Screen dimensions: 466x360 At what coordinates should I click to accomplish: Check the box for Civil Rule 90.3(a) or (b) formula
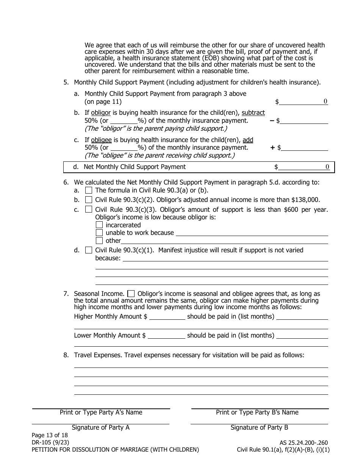(x=89, y=190)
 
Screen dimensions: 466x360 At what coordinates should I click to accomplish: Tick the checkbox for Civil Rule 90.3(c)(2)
(x=89, y=200)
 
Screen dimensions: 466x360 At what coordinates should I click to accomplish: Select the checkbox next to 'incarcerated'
(x=99, y=225)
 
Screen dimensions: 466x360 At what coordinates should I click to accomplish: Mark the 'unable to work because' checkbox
(x=99, y=233)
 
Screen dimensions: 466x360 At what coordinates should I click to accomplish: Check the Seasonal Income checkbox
(x=131, y=294)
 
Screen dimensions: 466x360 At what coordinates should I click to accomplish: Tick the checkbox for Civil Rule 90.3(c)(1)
(x=89, y=250)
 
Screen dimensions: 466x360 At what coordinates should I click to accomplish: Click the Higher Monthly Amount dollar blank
(x=167, y=317)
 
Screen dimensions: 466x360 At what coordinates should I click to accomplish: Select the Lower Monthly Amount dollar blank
(x=166, y=335)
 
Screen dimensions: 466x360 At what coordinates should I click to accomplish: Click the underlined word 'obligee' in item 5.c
(x=101, y=139)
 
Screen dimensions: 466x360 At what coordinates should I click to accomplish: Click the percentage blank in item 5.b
(x=124, y=121)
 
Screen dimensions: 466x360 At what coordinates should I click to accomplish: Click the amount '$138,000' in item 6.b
(x=305, y=200)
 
